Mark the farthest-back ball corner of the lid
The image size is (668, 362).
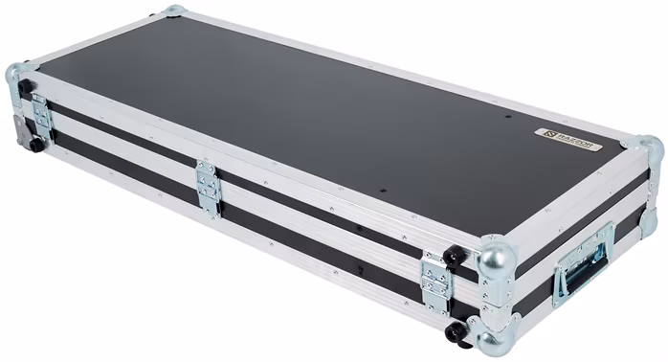point(173,11)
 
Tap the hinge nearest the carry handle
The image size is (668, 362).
point(435,281)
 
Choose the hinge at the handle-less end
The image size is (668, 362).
point(41,116)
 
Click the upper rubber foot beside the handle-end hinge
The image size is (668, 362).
point(456,257)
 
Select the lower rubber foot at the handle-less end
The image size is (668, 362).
point(36,145)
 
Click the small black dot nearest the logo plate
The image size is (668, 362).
point(507,119)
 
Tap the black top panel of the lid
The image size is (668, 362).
point(287,105)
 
